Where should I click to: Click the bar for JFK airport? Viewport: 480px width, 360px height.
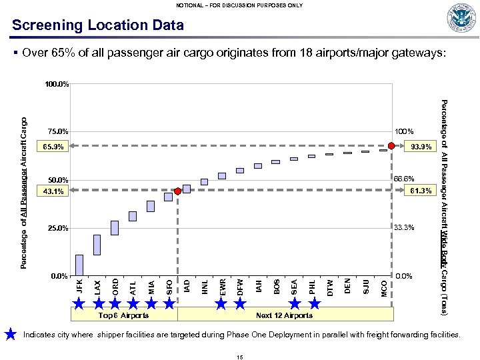click(79, 265)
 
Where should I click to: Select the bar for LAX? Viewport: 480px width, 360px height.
click(97, 245)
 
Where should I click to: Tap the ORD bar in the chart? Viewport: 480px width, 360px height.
click(115, 228)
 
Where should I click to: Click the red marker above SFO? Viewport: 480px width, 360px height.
click(177, 191)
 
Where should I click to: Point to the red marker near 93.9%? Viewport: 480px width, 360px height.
click(391, 146)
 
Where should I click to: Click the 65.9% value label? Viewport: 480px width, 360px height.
click(53, 146)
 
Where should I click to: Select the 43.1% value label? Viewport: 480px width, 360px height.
click(53, 192)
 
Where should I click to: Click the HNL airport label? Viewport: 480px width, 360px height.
click(205, 287)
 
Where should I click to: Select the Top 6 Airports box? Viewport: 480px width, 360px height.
click(123, 315)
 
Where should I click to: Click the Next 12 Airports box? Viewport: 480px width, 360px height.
click(284, 315)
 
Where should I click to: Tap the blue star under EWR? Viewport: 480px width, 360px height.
click(223, 303)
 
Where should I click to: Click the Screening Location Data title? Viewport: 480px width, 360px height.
click(97, 25)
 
